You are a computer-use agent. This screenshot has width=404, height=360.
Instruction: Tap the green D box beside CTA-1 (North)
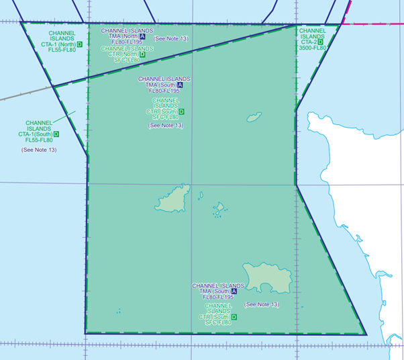tap(79, 44)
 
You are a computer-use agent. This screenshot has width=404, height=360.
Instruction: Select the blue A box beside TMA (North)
tap(142, 36)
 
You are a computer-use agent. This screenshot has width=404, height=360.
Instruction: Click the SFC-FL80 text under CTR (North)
tap(127, 60)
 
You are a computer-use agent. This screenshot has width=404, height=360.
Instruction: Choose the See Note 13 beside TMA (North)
tap(171, 39)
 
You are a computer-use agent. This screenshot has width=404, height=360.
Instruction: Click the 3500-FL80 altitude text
tap(313, 48)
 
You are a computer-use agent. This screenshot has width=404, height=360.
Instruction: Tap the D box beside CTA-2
tap(320, 42)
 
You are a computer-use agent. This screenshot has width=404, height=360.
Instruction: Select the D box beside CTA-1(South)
tap(56, 134)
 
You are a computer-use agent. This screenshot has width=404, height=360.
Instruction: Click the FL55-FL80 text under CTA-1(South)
tap(39, 140)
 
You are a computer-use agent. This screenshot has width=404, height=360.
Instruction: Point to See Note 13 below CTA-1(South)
tap(39, 150)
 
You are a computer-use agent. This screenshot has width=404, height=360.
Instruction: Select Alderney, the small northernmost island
tap(254, 118)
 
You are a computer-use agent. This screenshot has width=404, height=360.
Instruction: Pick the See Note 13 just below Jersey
tap(262, 305)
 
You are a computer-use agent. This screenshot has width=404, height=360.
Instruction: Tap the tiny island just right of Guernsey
tap(201, 195)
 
